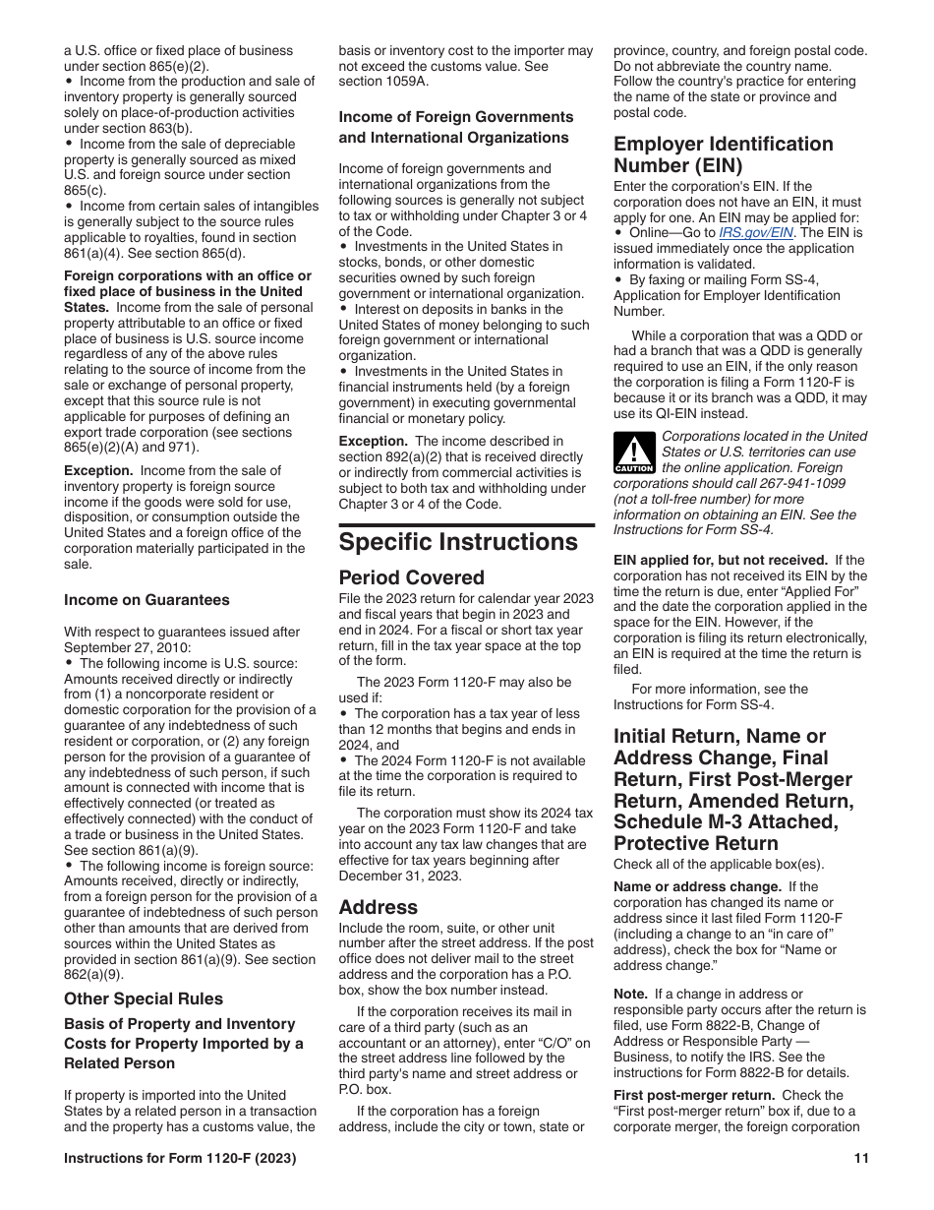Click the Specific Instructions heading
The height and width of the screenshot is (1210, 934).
coord(458,542)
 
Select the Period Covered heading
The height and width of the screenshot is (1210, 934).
coord(412,577)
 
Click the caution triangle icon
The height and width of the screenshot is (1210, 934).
coord(634,454)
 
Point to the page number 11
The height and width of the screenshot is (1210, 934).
coord(861,1158)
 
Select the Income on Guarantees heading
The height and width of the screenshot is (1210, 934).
coord(146,600)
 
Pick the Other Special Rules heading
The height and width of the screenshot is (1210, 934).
coord(144,998)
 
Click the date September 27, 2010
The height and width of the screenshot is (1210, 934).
coord(128,647)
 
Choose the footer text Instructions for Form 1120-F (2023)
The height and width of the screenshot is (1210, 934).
coord(180,1158)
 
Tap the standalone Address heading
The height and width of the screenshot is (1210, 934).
coord(379,907)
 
